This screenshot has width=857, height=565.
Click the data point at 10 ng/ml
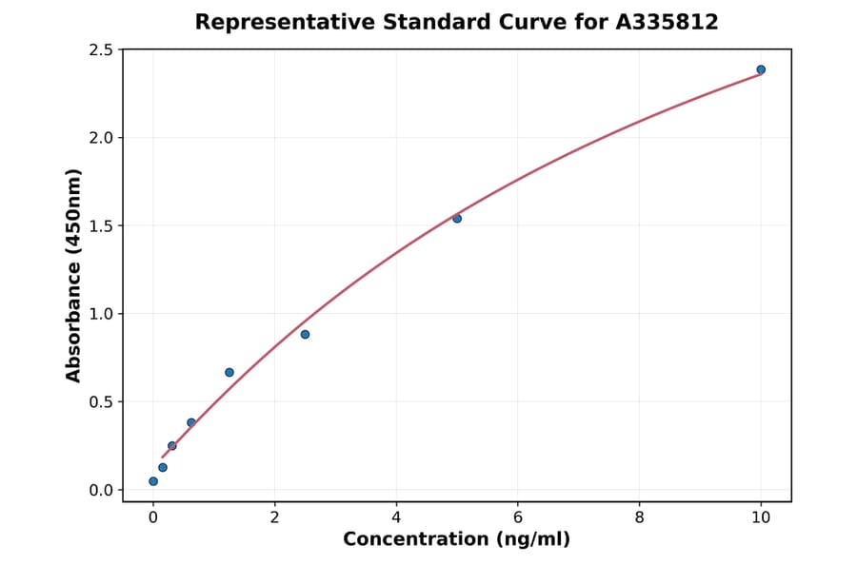click(761, 69)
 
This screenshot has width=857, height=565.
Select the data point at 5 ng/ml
click(457, 219)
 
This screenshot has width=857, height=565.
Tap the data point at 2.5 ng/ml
click(305, 334)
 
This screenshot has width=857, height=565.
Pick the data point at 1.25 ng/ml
click(229, 372)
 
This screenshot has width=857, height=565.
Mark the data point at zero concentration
click(153, 481)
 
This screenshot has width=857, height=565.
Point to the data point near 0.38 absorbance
click(191, 422)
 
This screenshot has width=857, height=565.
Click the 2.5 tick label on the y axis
click(100, 49)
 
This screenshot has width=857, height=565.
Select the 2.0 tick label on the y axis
click(100, 138)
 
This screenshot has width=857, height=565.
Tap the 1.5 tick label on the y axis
click(100, 226)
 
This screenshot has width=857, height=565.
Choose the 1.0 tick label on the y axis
click(100, 314)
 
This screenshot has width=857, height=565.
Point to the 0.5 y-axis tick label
click(100, 402)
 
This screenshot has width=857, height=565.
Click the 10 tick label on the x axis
click(761, 517)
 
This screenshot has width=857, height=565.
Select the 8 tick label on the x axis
click(639, 517)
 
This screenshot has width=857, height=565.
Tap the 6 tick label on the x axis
click(517, 517)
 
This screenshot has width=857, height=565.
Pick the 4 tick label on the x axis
click(396, 517)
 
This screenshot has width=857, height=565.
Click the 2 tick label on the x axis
click(274, 517)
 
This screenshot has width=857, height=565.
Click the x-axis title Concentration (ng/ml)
click(457, 540)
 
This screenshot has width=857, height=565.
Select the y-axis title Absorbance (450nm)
click(73, 275)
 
